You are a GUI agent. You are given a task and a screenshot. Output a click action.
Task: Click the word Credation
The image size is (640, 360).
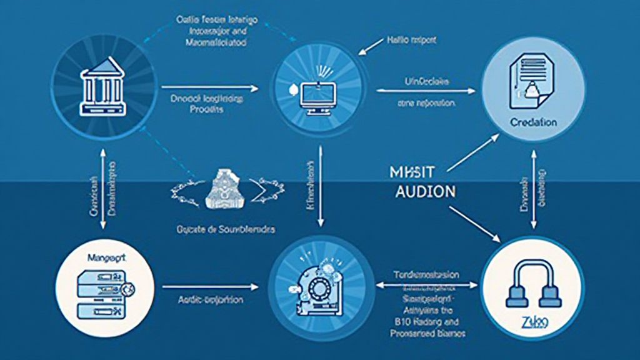click(532, 122)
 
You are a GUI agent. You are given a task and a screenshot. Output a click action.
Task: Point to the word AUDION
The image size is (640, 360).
click(426, 192)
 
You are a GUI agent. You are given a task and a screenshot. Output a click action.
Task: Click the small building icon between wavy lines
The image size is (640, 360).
click(225, 187)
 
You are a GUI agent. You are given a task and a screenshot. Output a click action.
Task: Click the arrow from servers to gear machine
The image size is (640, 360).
click(209, 287)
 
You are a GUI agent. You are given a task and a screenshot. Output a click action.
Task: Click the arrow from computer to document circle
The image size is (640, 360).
click(425, 91)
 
